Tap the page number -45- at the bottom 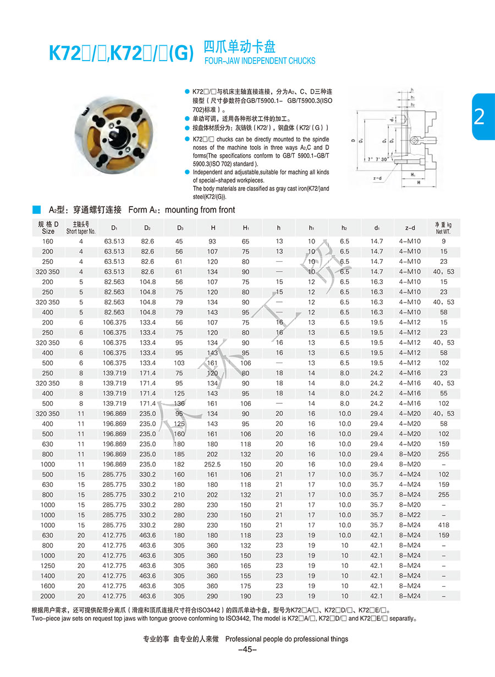click(248, 649)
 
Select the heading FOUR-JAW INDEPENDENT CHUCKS click(260, 61)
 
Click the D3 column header click(180, 227)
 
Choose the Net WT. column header click(443, 228)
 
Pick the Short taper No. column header click(81, 228)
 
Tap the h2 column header click(344, 227)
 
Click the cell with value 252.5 click(212, 464)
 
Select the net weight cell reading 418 click(443, 525)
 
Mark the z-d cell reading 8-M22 click(410, 515)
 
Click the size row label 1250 click(48, 565)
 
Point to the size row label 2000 click(48, 595)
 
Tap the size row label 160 click(48, 241)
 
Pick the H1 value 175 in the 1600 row click(245, 586)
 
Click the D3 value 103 click(180, 363)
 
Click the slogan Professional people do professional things click(287, 639)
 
